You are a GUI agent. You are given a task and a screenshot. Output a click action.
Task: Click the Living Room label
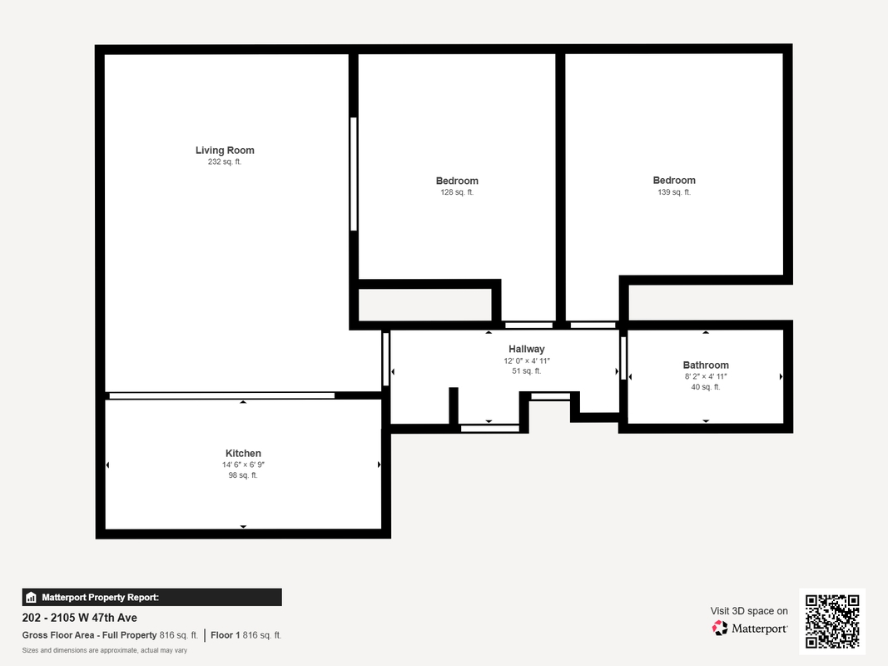[225, 150]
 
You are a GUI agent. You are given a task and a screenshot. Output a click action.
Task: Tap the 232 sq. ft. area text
[225, 162]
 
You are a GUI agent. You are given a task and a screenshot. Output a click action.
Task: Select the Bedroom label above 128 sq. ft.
[457, 181]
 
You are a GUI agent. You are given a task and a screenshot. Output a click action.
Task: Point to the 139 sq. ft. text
[674, 192]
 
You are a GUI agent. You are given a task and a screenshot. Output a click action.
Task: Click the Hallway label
[527, 349]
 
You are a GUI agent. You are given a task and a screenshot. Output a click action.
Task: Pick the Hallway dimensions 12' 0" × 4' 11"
[527, 360]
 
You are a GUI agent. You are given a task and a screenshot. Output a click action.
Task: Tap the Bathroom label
[706, 365]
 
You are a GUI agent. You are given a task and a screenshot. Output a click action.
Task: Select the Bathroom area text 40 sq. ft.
[706, 387]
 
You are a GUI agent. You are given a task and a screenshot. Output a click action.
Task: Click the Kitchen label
[243, 453]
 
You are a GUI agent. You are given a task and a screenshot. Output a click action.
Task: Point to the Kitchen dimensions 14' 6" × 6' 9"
[243, 465]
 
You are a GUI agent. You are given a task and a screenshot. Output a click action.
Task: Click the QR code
[832, 621]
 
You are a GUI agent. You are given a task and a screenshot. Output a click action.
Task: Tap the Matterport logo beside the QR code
[749, 628]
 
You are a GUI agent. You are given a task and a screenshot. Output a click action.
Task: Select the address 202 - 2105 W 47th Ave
[80, 618]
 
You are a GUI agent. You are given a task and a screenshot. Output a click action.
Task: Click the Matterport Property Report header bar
[151, 598]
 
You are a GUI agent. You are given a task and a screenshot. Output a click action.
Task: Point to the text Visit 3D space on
[749, 611]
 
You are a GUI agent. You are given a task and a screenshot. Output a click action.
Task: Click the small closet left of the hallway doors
[424, 305]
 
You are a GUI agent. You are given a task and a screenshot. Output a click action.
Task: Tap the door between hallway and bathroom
[623, 359]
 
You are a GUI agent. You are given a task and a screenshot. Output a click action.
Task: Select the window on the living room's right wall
[354, 174]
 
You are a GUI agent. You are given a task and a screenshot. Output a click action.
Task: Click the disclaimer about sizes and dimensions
[105, 650]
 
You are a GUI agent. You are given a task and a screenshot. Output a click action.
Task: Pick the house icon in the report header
[31, 598]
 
